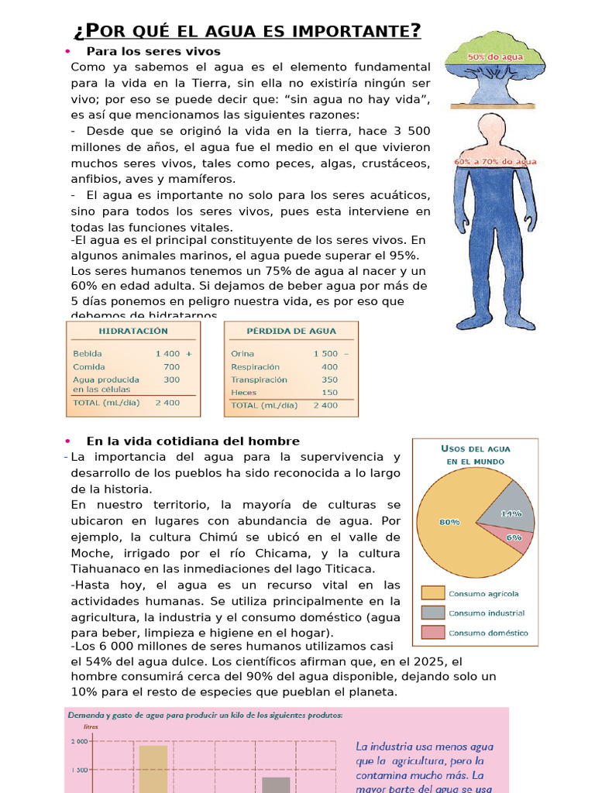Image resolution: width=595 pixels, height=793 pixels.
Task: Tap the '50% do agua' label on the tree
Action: [x=494, y=57]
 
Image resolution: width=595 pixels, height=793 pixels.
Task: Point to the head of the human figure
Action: [x=492, y=129]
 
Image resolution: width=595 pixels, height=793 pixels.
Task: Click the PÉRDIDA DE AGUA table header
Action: [x=291, y=331]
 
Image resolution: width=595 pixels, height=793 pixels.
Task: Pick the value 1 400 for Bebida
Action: [x=167, y=354]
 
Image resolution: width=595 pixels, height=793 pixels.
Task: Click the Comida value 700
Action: [x=171, y=367]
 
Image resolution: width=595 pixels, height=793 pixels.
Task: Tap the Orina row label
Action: [x=242, y=354]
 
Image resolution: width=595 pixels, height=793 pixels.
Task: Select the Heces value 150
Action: [x=329, y=393]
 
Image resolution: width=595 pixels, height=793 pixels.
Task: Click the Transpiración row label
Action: [x=259, y=379]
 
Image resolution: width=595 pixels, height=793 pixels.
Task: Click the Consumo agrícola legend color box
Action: [x=432, y=594]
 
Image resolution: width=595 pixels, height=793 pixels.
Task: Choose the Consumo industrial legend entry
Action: [x=487, y=613]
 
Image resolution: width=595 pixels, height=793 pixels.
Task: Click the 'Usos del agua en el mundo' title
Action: [x=476, y=455]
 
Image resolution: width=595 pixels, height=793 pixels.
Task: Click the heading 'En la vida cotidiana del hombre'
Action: [x=193, y=441]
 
